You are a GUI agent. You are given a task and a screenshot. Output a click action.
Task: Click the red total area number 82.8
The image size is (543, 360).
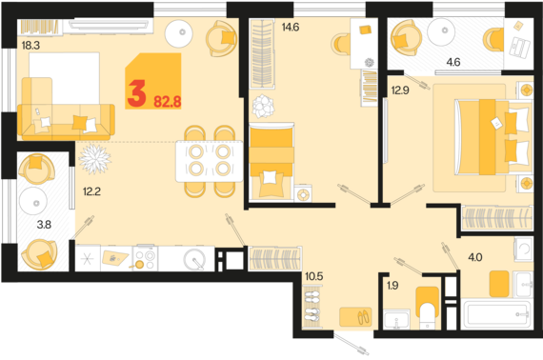(x=168, y=102)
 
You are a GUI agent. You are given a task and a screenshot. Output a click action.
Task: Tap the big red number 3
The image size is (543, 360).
(x=136, y=93)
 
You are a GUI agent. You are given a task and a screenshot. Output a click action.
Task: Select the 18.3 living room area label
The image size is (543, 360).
(x=30, y=46)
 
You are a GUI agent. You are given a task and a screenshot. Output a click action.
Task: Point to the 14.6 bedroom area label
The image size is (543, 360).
(x=291, y=27)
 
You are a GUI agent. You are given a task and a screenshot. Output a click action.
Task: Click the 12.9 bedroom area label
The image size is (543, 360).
(x=400, y=90)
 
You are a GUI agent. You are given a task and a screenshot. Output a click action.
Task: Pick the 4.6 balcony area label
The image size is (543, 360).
(x=453, y=62)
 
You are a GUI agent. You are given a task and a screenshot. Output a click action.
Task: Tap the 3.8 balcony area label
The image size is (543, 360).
(x=44, y=225)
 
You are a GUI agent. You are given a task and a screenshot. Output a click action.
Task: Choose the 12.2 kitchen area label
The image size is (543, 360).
(x=91, y=191)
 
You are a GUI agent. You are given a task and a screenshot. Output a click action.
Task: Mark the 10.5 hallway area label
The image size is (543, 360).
(x=314, y=276)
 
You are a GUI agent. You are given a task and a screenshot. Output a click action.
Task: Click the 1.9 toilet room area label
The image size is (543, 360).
(x=392, y=286)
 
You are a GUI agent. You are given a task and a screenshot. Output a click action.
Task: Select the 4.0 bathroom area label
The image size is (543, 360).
(x=475, y=257)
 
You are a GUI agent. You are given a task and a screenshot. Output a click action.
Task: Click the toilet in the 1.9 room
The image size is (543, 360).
(x=428, y=308)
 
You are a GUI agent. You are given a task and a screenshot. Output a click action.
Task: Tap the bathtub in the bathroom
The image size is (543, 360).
(x=497, y=314)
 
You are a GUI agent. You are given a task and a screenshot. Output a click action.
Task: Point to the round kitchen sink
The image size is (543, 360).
(x=194, y=259)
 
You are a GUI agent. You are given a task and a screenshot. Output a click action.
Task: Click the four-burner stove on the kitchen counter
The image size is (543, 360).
(x=146, y=258)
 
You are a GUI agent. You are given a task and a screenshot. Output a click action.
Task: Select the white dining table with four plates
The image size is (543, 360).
(x=210, y=161)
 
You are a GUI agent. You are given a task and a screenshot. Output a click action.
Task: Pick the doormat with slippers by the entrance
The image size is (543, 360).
(x=355, y=317)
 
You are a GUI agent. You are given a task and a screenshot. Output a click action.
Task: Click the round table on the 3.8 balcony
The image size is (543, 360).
(x=33, y=201)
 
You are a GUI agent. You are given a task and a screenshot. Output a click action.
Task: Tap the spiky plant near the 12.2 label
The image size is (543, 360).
(x=94, y=159)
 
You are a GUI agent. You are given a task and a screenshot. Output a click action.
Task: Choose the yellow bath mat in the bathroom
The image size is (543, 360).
(x=499, y=284)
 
